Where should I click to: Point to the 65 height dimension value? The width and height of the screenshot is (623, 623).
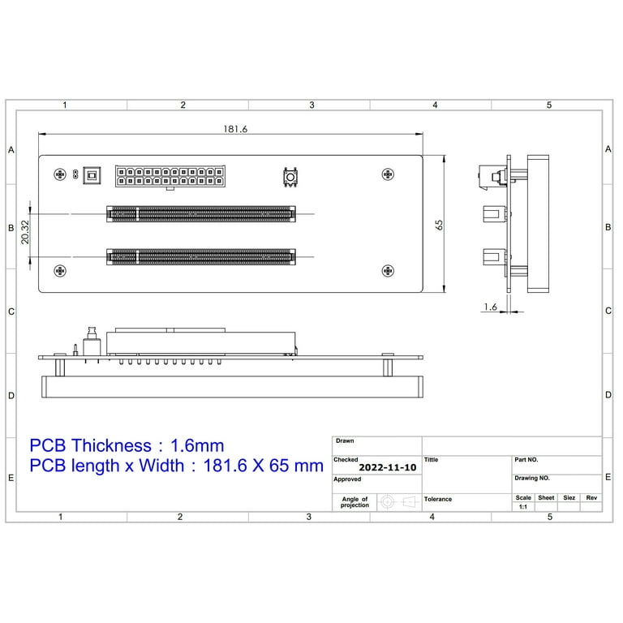click(439, 225)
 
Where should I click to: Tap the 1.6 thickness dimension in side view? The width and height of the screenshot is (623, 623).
click(490, 307)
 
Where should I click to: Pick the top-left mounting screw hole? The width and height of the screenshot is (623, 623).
click(59, 174)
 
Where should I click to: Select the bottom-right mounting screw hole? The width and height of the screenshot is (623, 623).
click(388, 271)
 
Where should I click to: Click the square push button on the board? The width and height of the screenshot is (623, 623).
click(290, 177)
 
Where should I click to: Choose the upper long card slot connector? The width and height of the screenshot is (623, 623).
click(202, 214)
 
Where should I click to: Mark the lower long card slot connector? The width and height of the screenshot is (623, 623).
click(202, 257)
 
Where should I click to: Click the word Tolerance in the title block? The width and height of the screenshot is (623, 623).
click(438, 499)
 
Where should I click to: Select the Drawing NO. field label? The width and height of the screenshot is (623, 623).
click(532, 479)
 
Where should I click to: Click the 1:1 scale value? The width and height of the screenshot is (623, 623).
click(522, 507)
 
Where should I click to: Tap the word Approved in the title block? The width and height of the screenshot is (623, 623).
click(347, 479)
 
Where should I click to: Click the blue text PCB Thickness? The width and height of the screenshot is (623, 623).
click(90, 445)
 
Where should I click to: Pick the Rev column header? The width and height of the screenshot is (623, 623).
click(591, 498)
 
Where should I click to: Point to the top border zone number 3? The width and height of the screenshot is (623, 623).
click(311, 105)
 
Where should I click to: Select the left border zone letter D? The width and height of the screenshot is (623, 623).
click(11, 396)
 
